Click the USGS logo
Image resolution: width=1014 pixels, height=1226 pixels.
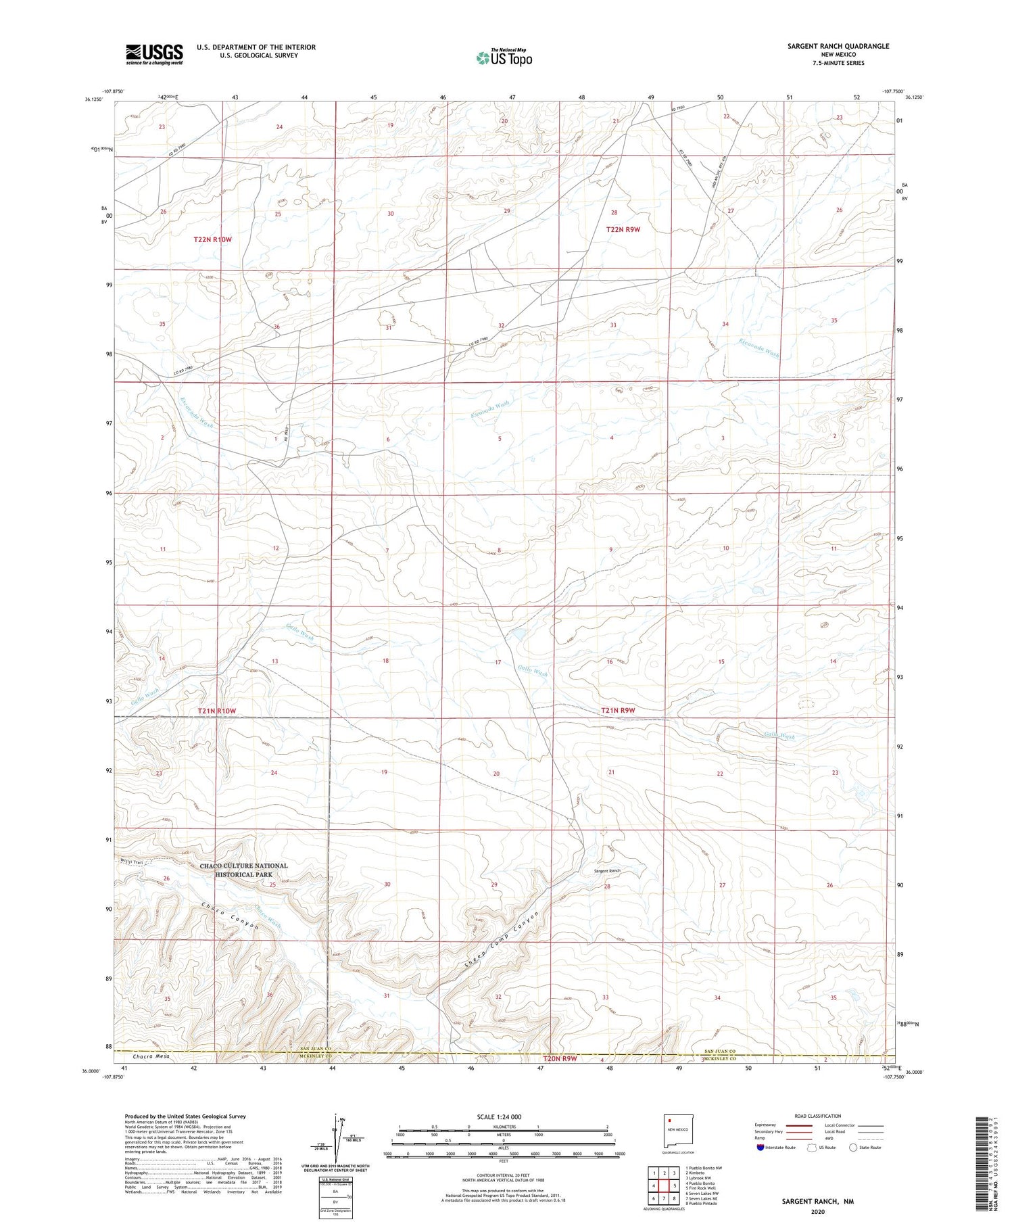coord(154,54)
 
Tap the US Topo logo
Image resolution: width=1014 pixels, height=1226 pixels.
coord(504,57)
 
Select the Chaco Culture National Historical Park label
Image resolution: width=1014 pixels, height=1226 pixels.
coord(243,870)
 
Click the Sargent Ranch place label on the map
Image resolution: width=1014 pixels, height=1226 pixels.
coord(607,870)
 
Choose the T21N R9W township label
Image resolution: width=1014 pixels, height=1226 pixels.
coord(619,710)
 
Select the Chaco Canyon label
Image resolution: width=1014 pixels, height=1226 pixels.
coord(230,916)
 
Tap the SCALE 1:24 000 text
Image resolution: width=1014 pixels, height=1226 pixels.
coord(503,1116)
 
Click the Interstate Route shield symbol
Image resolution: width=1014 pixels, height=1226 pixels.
coord(760,1147)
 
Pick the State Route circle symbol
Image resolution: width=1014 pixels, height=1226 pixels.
coord(854,1147)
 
